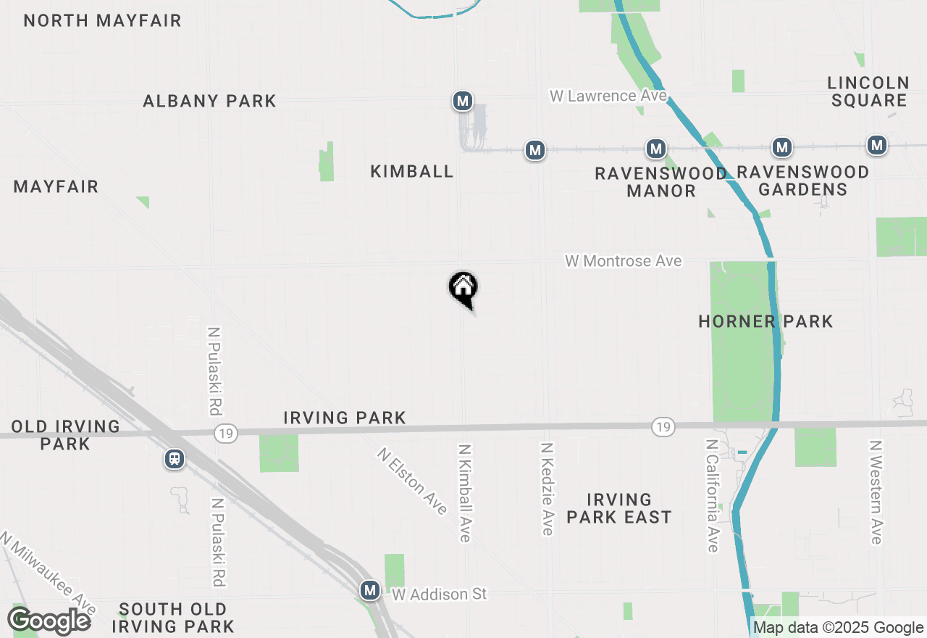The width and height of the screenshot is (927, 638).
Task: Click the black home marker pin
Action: (463, 289)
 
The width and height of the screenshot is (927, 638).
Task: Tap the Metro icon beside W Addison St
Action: (370, 590)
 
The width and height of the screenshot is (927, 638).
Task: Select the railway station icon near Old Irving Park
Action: (174, 459)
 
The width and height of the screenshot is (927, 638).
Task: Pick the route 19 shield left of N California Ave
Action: (661, 427)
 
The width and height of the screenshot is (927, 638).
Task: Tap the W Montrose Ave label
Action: (624, 261)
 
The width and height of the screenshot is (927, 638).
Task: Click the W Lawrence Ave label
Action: (608, 96)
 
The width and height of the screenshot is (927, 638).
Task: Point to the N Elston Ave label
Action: (412, 481)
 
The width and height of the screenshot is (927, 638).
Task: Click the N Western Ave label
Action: (876, 492)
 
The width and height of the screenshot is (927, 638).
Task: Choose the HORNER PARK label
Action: (765, 321)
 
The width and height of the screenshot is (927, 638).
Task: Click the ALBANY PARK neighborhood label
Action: (209, 101)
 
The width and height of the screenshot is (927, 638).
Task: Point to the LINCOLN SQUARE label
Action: (868, 91)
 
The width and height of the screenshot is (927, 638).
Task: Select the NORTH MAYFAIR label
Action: (102, 20)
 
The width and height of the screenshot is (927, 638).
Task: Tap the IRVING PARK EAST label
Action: (619, 508)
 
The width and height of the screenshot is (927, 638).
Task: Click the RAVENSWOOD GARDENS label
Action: (802, 181)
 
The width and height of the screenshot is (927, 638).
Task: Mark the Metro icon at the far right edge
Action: (878, 145)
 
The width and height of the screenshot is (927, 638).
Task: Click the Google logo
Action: (49, 621)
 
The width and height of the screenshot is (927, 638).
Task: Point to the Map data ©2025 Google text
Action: (839, 628)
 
